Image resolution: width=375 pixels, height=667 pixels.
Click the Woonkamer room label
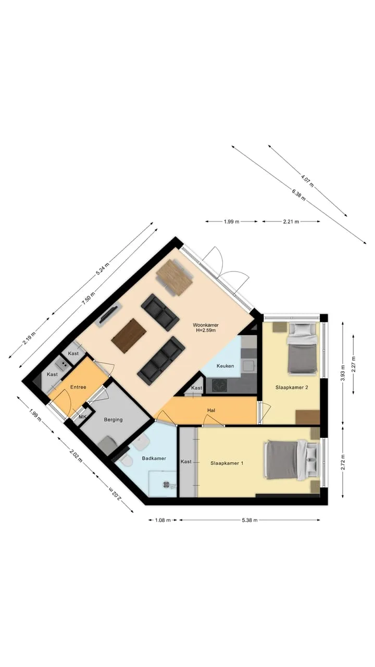[206, 325]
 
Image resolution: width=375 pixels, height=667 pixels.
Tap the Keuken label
[226, 366]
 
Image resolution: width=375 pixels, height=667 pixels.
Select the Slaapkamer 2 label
[292, 387]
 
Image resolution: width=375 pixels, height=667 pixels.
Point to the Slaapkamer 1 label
[227, 463]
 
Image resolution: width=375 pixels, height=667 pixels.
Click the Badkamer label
[154, 458]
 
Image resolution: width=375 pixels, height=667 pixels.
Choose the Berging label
[114, 419]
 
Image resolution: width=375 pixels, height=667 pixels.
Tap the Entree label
[78, 387]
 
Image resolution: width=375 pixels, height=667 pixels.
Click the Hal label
[211, 410]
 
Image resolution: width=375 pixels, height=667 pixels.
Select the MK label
[82, 416]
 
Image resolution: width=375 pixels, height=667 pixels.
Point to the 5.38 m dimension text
[249, 520]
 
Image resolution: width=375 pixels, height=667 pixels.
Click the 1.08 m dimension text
[163, 520]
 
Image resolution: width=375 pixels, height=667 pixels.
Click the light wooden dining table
[174, 278]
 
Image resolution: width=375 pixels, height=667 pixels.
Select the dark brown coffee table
[129, 336]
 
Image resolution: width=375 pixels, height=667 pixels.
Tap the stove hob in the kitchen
[219, 385]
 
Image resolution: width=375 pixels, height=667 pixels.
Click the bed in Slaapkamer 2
[303, 349]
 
